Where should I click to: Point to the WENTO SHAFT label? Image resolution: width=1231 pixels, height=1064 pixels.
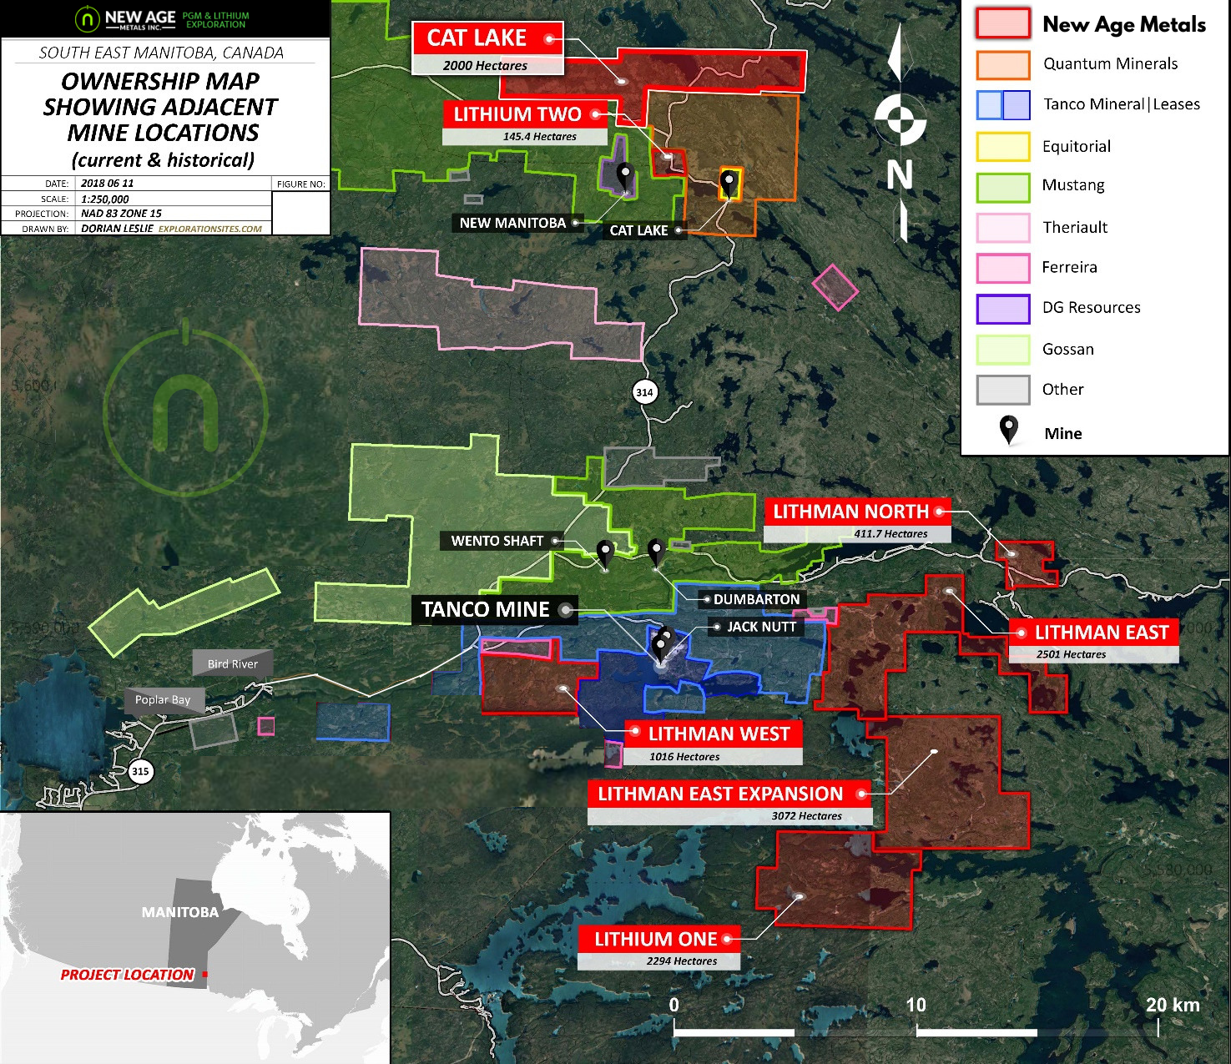click(497, 541)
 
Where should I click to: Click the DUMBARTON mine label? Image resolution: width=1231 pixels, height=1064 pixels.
click(755, 599)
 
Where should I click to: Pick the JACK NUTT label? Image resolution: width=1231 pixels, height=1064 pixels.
click(760, 627)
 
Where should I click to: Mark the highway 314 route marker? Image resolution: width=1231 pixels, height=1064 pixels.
click(644, 392)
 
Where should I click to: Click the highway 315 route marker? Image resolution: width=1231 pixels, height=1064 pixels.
click(140, 771)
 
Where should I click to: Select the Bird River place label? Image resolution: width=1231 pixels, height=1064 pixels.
click(232, 664)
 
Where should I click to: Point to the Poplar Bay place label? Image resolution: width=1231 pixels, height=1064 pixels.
click(163, 700)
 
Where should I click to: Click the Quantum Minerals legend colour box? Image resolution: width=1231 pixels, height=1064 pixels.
click(1002, 65)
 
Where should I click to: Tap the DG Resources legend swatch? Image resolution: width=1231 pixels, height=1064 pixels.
click(1002, 308)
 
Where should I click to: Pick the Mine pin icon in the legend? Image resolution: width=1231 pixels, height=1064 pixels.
click(1008, 431)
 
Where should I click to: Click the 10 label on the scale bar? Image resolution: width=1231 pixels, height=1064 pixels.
click(916, 1005)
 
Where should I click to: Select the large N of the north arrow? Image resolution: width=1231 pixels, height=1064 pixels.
click(899, 175)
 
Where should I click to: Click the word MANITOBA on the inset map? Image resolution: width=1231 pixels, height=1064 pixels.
click(180, 912)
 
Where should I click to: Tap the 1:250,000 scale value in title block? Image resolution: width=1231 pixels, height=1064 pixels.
click(105, 199)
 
